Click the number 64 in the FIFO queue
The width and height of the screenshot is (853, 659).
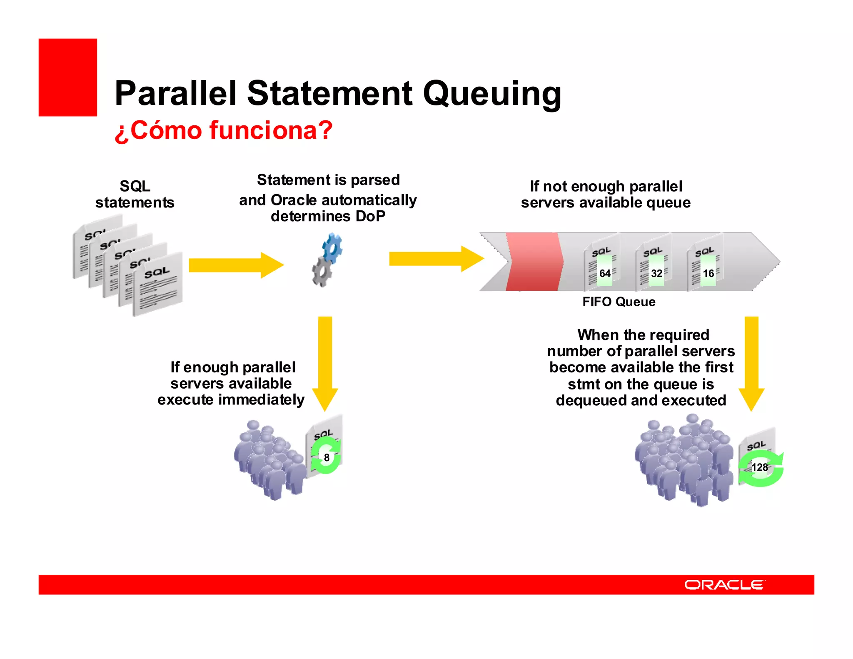[x=605, y=274]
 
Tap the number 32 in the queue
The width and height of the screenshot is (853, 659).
[x=656, y=274]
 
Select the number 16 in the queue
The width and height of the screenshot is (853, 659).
[x=708, y=274]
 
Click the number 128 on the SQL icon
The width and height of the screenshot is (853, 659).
[x=759, y=467]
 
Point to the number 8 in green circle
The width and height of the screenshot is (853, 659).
[x=327, y=458]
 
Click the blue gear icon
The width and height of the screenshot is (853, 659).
[x=332, y=248]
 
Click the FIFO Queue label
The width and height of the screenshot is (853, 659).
[x=619, y=302]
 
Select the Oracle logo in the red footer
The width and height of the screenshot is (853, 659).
[x=724, y=585]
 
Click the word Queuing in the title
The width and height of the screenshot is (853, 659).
[x=492, y=94]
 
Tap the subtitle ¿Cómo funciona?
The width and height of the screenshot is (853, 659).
[x=223, y=130]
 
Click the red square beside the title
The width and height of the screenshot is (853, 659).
[x=68, y=77]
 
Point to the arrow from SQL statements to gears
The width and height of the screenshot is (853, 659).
[x=236, y=265]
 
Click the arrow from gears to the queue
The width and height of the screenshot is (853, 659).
[x=436, y=259]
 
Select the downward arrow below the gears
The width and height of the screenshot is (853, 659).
[x=325, y=362]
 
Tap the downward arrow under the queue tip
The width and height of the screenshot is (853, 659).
[x=751, y=362]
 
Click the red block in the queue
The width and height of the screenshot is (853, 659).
[x=534, y=262]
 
